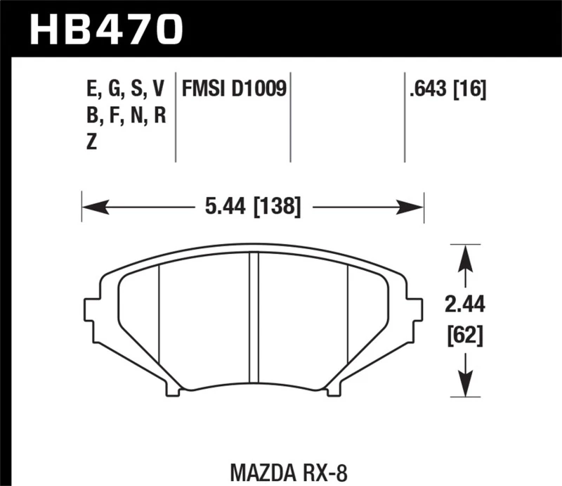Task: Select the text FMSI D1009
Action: tap(234, 89)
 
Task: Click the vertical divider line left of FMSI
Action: tap(176, 116)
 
